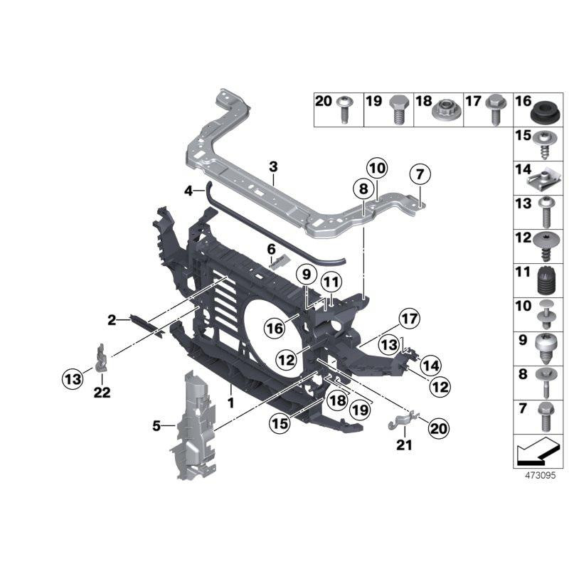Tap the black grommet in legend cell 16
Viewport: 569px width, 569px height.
point(543,112)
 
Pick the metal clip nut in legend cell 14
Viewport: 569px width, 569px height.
point(543,178)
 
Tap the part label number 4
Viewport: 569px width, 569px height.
point(188,191)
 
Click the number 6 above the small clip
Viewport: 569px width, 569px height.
point(271,248)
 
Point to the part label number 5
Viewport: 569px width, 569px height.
point(156,427)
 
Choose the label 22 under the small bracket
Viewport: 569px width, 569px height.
point(102,393)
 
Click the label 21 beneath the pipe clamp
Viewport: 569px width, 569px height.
point(404,446)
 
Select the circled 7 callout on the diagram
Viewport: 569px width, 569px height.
point(420,174)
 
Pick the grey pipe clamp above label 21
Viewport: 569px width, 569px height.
point(401,423)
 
